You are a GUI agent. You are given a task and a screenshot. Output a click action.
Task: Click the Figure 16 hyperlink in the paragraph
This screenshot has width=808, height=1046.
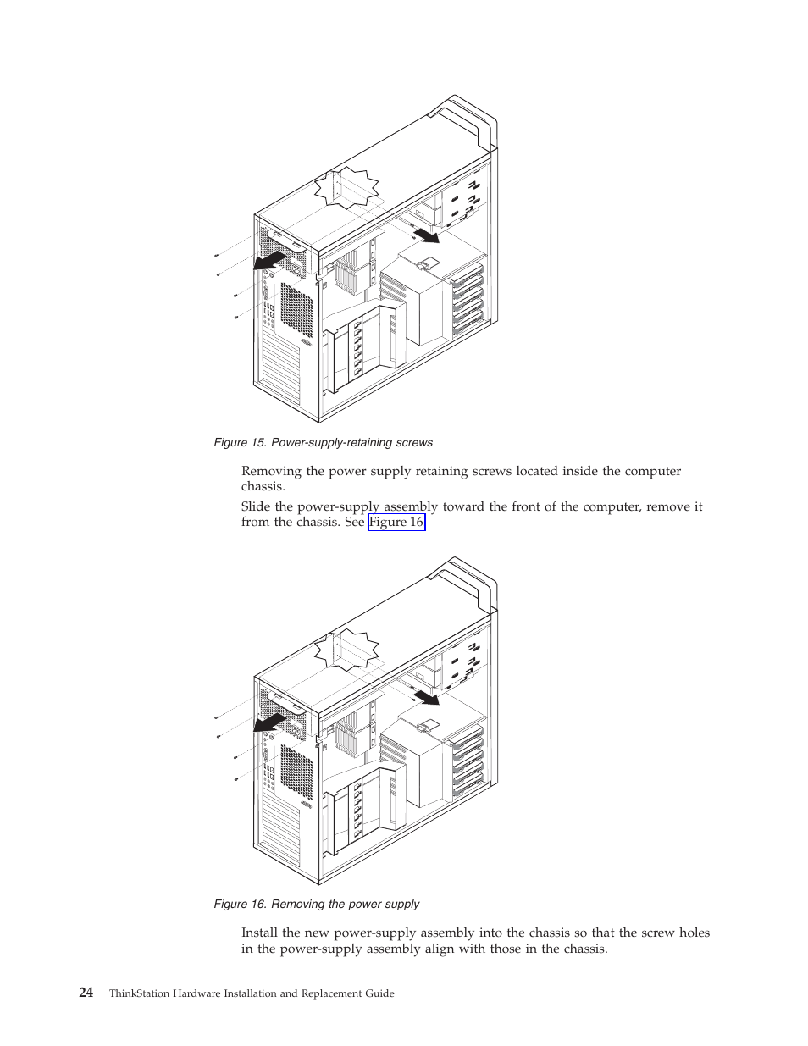tap(396, 522)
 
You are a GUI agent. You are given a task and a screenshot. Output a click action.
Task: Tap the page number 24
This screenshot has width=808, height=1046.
tap(86, 993)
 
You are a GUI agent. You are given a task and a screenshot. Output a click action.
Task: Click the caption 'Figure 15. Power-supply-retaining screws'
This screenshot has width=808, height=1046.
tap(323, 442)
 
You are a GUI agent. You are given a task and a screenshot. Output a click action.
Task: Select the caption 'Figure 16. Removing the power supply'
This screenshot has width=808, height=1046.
tap(316, 904)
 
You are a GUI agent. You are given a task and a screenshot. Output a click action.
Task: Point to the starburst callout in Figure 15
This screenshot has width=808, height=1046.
tap(346, 188)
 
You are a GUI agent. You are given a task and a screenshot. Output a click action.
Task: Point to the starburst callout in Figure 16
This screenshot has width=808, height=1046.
tap(346, 650)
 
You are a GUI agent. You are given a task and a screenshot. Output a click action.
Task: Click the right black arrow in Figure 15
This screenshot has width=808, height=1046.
tap(426, 234)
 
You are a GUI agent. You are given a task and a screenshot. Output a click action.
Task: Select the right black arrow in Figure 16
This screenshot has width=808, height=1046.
tap(426, 697)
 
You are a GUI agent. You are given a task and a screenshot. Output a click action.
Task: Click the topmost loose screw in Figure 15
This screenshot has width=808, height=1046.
tap(217, 255)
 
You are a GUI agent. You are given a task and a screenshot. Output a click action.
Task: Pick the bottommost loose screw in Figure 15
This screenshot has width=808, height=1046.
tap(235, 317)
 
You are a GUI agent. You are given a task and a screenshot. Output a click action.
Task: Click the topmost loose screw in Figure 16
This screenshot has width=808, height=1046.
tap(217, 717)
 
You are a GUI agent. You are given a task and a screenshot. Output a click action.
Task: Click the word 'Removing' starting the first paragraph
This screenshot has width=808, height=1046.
tap(271, 471)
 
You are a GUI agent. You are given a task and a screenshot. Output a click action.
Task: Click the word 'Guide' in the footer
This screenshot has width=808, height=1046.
tap(379, 993)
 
